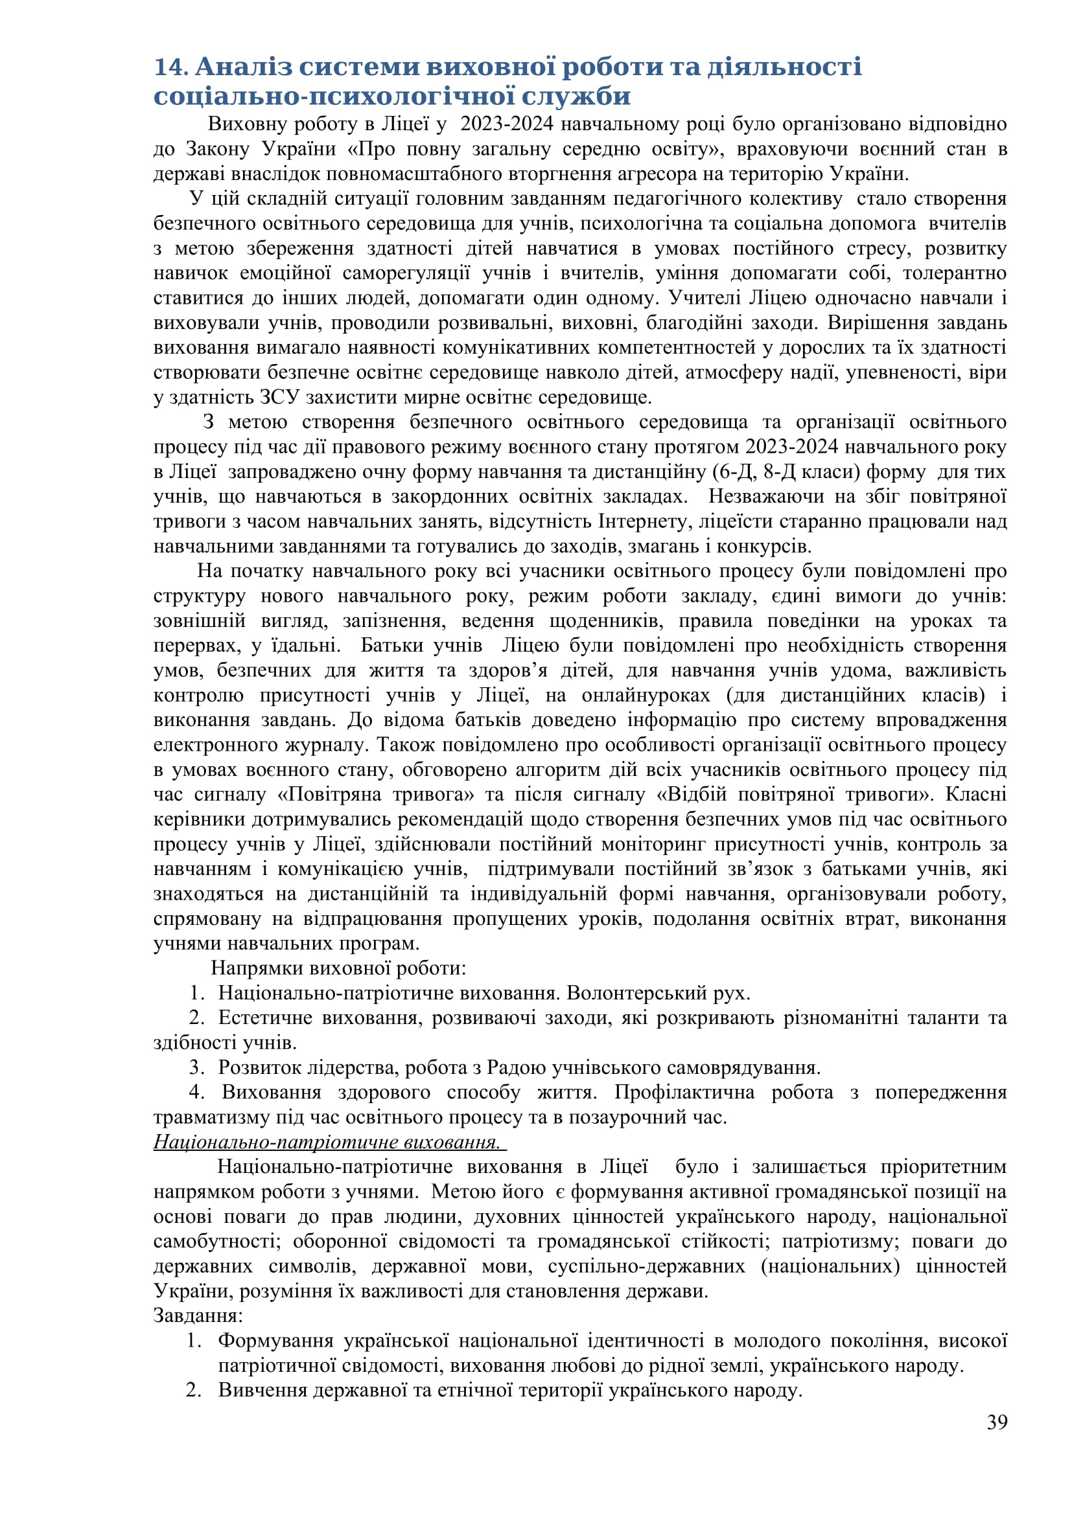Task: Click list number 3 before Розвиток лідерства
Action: click(196, 1067)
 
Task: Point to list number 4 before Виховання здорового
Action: click(196, 1092)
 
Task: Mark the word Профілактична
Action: click(684, 1092)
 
